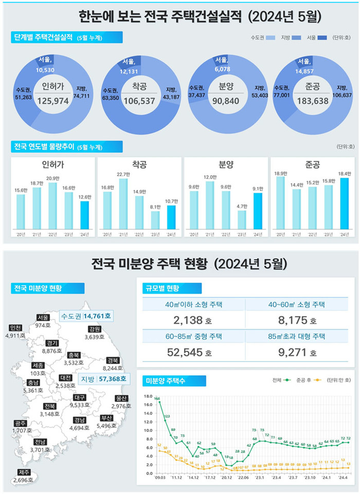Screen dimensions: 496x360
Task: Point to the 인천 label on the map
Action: (x=15, y=328)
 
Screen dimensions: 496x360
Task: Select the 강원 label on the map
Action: (x=94, y=329)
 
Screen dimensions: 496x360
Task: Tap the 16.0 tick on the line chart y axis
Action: (x=148, y=404)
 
